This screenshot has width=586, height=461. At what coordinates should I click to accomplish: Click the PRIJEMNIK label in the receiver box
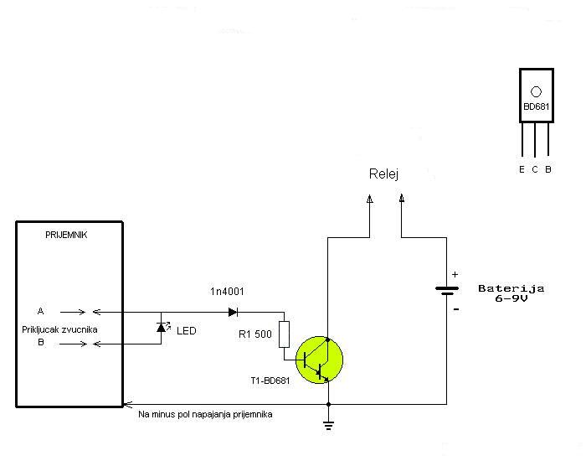click(x=65, y=235)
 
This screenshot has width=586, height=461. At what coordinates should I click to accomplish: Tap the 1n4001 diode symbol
click(x=233, y=312)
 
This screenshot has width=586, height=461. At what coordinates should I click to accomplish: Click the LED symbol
click(x=162, y=327)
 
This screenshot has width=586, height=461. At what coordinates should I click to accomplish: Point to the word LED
click(x=187, y=331)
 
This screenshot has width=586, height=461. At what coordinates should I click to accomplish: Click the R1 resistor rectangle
click(x=284, y=334)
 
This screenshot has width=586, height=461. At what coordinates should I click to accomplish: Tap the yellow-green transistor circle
click(x=319, y=360)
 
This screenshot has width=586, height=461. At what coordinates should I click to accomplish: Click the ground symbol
click(x=327, y=424)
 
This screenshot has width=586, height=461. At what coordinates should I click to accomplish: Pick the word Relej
click(x=383, y=174)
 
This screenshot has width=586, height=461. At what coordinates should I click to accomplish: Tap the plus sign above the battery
click(x=455, y=274)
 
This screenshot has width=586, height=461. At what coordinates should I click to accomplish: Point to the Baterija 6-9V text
click(x=511, y=293)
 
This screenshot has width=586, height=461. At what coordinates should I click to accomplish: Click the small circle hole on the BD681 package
click(x=536, y=91)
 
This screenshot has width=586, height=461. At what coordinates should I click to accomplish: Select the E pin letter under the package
click(x=522, y=169)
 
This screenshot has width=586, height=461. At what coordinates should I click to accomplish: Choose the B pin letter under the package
click(x=548, y=169)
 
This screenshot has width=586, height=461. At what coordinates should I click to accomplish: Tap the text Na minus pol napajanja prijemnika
click(x=205, y=414)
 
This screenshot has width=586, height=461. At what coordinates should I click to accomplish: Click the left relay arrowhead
click(x=371, y=199)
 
